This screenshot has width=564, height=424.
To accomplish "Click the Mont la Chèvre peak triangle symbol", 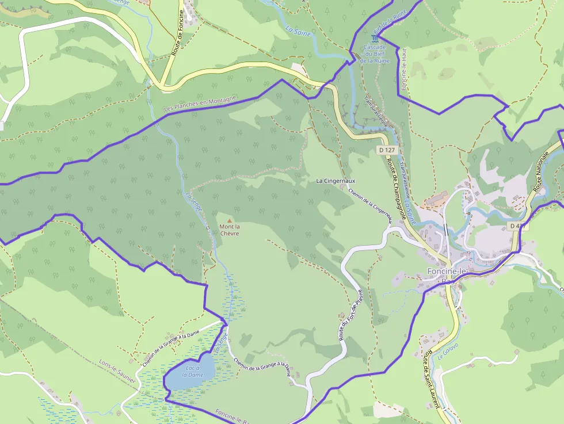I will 230,220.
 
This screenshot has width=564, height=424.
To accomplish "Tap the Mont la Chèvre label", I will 230,230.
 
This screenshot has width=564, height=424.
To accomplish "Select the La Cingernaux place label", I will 336,181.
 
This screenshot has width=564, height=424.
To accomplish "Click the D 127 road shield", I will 387,150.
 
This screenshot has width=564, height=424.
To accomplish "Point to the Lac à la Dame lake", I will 190,373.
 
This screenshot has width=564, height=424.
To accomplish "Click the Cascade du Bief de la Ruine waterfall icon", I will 375,39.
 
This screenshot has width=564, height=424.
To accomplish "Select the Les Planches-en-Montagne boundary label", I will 200,104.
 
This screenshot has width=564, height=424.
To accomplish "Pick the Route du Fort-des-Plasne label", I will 352,313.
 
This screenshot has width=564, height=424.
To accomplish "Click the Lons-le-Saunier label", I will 117,373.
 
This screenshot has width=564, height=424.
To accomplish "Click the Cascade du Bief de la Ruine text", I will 375,54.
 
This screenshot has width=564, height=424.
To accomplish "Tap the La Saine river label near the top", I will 298,30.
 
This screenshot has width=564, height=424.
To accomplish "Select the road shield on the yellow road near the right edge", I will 517,226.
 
